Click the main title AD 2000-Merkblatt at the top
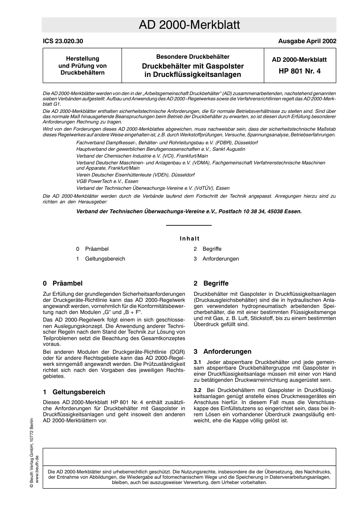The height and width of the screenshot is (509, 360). point(189,25)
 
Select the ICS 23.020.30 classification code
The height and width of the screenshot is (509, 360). point(63,41)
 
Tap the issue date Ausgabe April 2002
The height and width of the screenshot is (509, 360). point(307,41)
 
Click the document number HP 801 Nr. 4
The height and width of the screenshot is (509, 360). point(299,70)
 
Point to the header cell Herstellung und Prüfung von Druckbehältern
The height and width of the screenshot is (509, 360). point(83,66)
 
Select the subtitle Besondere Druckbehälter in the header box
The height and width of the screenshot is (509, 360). point(193,57)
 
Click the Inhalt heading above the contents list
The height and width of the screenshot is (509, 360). point(189,239)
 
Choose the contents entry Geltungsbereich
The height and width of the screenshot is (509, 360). point(105,259)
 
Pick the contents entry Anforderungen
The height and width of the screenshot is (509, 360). point(221,259)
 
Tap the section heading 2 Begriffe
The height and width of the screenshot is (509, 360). point(211,283)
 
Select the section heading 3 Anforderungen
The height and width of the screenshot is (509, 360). point(222,351)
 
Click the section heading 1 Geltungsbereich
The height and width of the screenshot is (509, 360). point(74,392)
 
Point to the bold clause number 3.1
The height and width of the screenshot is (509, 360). point(197,362)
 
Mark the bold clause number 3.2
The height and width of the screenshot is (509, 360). point(197,390)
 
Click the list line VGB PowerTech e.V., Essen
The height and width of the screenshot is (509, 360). point(107,181)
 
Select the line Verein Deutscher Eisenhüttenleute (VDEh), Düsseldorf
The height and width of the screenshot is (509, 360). point(135,175)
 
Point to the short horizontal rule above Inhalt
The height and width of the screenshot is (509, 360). point(189,226)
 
